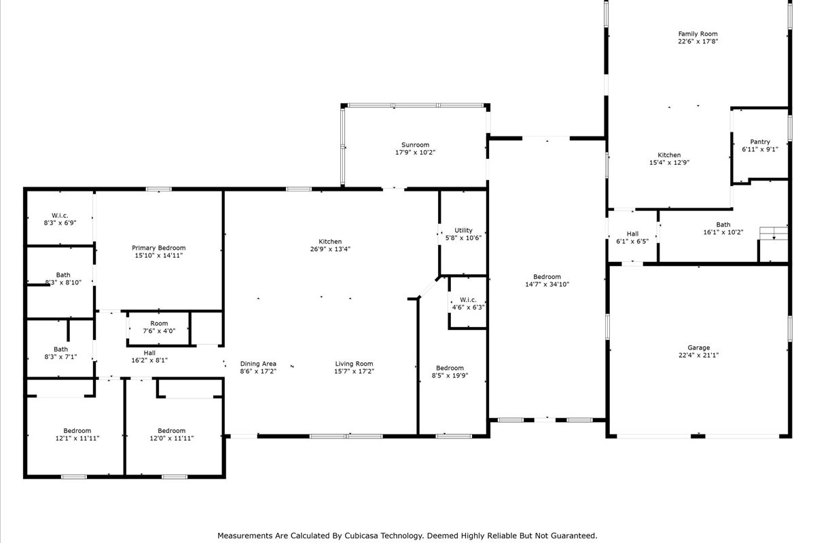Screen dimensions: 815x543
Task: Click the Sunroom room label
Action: pos(415,145)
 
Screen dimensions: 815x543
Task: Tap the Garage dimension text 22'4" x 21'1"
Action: pos(699,356)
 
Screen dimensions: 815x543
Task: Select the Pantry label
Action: pos(760,142)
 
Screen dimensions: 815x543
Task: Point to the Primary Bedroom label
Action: pos(159,248)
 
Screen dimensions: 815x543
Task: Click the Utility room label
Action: pos(463,231)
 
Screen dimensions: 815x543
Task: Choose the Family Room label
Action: pos(698,34)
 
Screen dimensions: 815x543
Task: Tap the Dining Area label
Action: pos(258,364)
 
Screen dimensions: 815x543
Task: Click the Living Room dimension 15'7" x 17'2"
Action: pos(354,371)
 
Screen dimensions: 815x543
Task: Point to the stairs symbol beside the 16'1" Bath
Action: pos(774,233)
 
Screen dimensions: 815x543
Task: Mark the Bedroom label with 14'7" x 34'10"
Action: pos(547,277)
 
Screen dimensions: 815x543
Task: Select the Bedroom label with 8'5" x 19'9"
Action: pos(450,368)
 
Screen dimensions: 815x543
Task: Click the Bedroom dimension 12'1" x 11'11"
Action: pos(77,438)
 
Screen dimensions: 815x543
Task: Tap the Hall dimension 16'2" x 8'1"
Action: pos(149,360)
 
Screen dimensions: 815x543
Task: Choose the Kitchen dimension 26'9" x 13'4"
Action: pos(330,249)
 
